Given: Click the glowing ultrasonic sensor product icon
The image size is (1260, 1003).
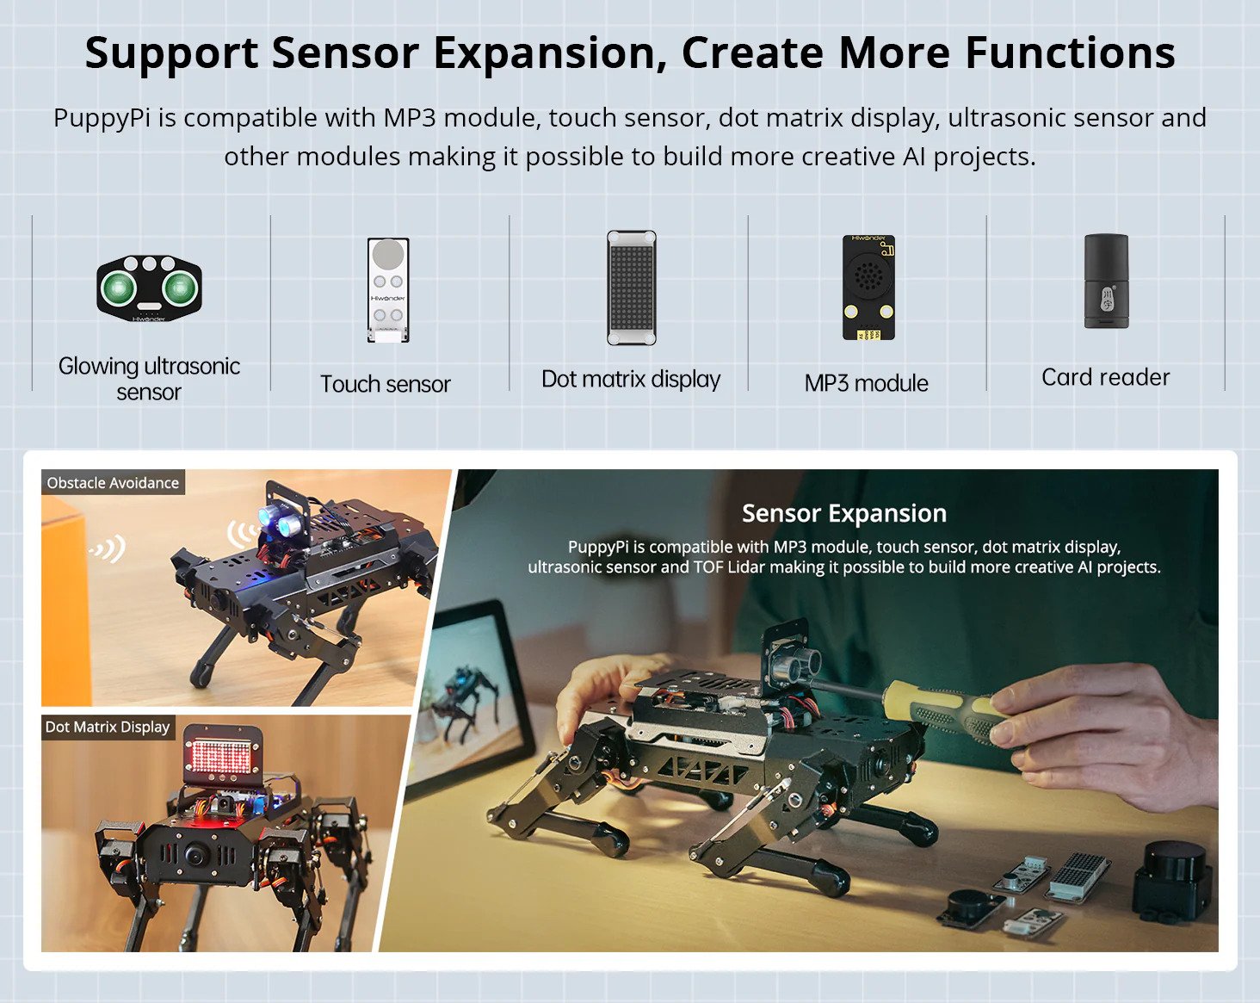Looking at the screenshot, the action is point(149,288).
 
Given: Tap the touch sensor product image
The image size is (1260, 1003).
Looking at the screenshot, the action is point(387,289).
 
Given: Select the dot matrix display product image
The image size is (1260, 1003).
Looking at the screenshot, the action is point(631,288).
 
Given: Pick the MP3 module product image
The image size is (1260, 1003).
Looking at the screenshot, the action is point(868,287).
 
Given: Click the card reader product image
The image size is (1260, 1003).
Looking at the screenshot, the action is point(1106,282).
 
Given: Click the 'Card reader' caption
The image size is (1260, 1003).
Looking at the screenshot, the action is point(1105,377).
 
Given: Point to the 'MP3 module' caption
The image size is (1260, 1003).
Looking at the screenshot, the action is point(866,383).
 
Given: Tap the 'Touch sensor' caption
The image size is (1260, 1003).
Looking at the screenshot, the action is point(386,384).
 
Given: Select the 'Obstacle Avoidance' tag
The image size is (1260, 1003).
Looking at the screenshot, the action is point(113,483).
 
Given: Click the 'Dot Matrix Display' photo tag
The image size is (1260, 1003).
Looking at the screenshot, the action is point(108,727).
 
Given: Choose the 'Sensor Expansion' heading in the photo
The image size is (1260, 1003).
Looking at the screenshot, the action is point(843,513).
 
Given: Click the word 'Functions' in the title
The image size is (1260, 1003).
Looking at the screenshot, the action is point(1070,53).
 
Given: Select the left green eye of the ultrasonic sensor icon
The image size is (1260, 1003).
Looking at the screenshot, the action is point(118,288).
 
